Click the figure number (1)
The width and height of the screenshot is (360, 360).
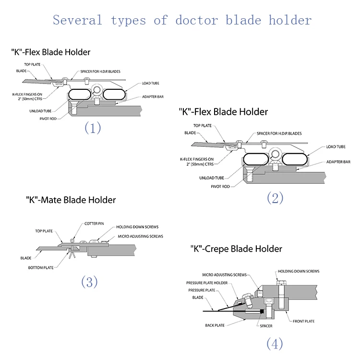93,128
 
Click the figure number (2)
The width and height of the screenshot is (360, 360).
275,198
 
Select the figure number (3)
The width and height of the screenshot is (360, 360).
89,282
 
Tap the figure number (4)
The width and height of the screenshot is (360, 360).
274,343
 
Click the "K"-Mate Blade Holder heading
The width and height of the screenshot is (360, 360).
71,199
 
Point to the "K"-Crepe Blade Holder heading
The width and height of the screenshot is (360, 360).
237,249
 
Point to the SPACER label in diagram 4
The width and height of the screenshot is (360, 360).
265,326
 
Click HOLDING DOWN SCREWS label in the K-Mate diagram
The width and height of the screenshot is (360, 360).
137,227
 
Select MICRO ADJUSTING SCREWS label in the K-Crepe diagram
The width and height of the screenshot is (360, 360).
224,275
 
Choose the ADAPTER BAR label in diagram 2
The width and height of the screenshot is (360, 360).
339,162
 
